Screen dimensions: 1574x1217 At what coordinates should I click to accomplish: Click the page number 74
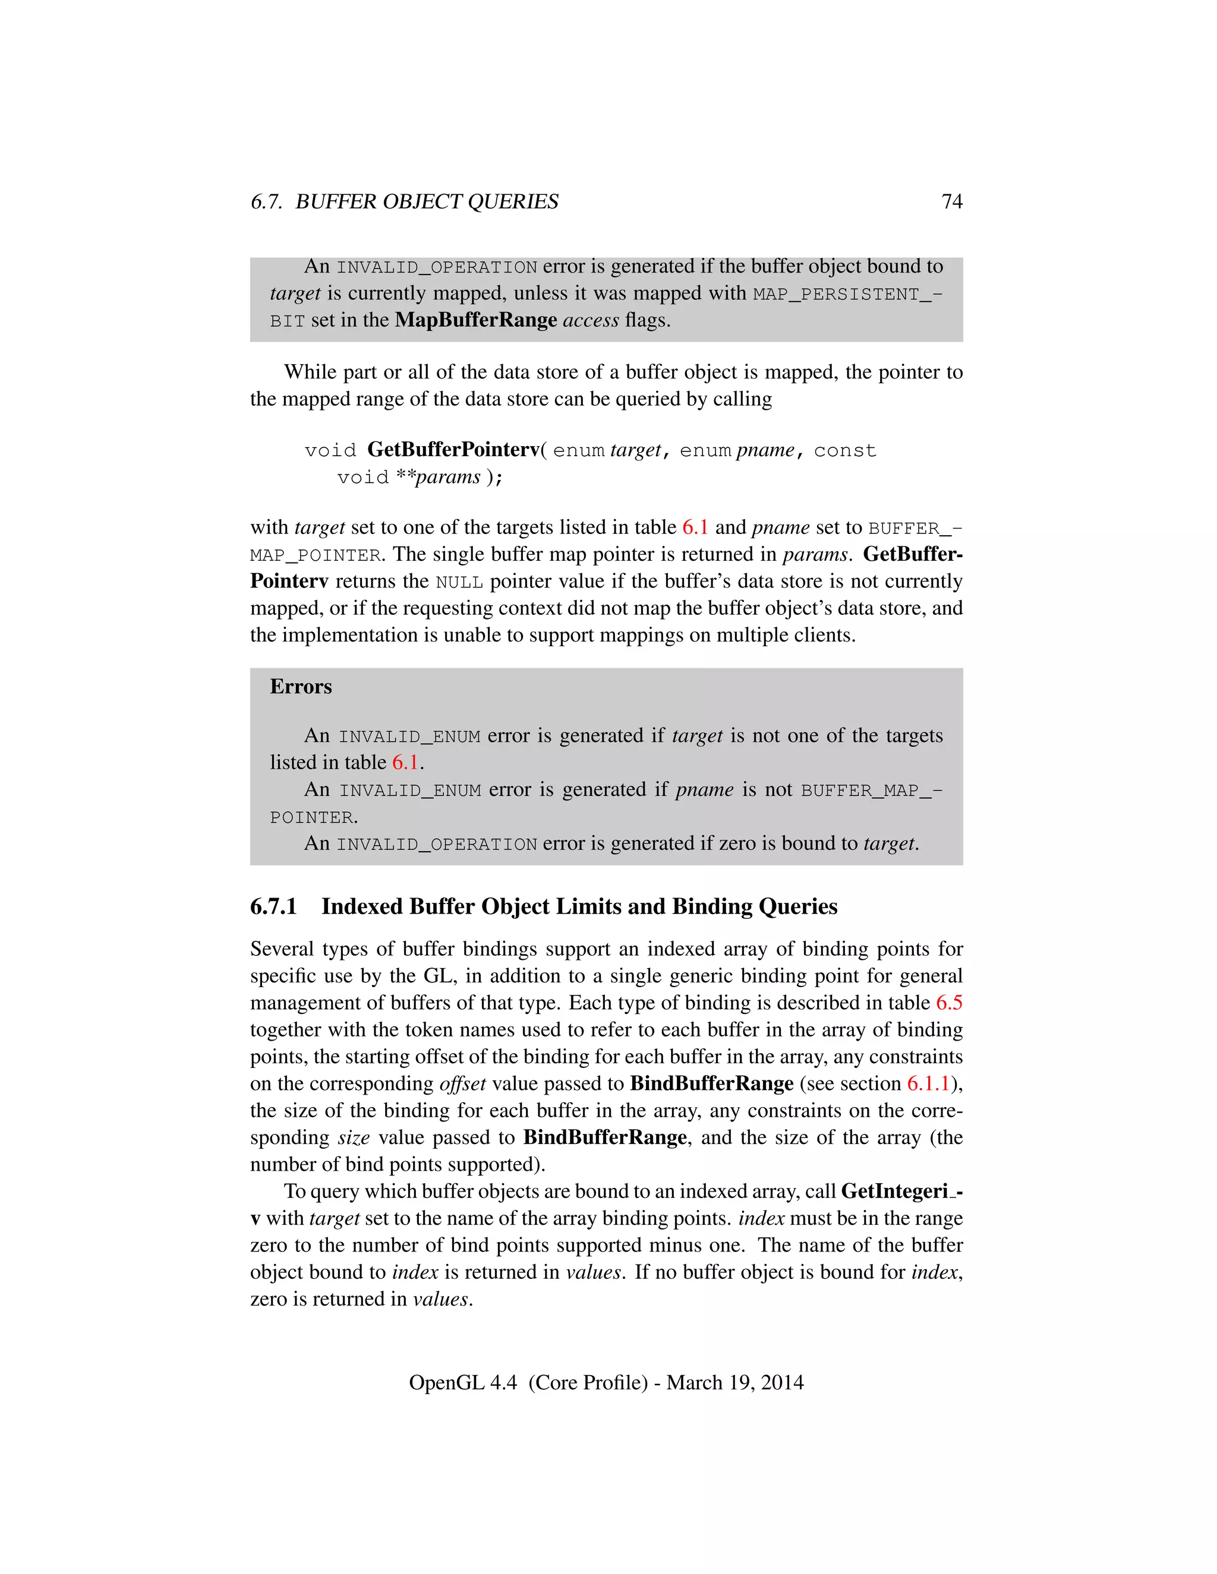pos(952,202)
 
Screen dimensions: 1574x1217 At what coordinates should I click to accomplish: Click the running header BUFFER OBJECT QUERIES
pos(427,202)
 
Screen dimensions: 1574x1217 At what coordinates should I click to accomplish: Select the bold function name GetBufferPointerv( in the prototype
pos(456,450)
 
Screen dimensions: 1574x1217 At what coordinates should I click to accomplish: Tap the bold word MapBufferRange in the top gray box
pos(476,320)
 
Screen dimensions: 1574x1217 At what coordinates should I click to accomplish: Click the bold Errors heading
pos(301,686)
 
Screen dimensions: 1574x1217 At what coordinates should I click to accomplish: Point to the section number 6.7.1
pos(273,906)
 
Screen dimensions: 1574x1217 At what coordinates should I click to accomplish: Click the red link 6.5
pos(949,1003)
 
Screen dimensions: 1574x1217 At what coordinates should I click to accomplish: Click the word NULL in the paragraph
pos(459,582)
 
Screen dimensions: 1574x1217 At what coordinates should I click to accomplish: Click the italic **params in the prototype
pos(439,477)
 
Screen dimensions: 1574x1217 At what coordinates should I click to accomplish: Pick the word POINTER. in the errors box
pos(314,817)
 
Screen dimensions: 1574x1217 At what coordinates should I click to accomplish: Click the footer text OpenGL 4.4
pos(462,1382)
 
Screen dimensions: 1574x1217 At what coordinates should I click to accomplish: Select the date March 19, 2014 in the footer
pos(734,1382)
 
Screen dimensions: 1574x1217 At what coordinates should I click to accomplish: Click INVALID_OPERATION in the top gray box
pos(437,267)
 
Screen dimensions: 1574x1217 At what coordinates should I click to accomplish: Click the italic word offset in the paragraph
pos(462,1084)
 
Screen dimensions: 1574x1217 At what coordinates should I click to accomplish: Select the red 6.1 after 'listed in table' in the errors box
pos(405,763)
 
